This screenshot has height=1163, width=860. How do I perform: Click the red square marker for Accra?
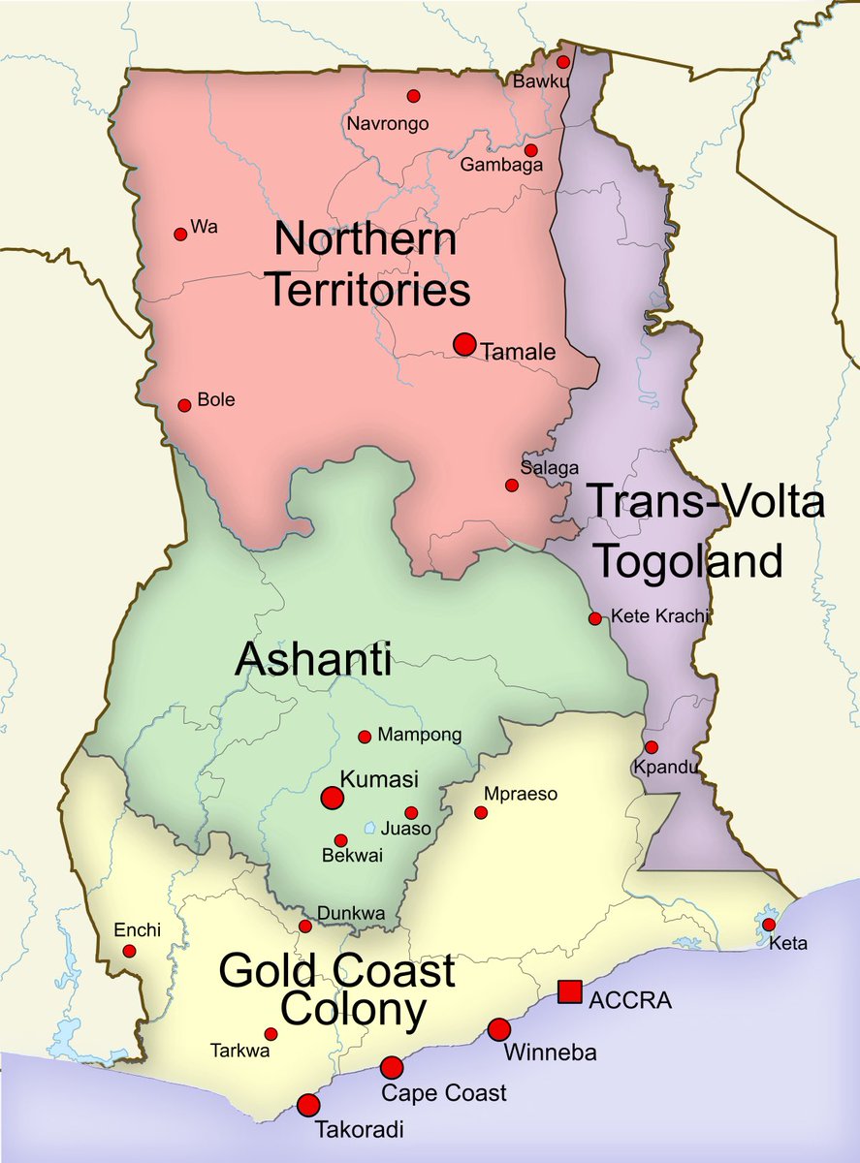click(570, 991)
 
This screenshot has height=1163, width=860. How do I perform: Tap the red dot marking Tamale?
click(464, 344)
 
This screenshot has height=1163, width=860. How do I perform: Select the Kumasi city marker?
click(333, 798)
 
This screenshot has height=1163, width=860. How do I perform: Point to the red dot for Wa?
click(179, 234)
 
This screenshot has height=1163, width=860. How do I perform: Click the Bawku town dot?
click(562, 61)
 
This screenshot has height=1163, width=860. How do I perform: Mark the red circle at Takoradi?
click(308, 1105)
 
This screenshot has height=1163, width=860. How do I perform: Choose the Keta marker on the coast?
click(769, 925)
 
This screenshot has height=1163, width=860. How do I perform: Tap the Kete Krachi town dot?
click(594, 618)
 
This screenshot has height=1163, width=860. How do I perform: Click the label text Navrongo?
click(387, 123)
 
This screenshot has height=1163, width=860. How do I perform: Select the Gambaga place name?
click(501, 166)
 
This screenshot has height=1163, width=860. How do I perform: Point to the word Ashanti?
click(313, 661)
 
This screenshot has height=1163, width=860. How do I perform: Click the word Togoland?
click(687, 561)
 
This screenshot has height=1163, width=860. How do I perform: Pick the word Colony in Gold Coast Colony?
click(345, 1011)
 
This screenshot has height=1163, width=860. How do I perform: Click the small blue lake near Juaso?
click(370, 829)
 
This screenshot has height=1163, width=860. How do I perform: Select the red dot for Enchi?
click(130, 952)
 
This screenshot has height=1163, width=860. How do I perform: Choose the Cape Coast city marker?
click(392, 1067)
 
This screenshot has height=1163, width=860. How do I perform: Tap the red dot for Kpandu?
click(652, 747)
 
